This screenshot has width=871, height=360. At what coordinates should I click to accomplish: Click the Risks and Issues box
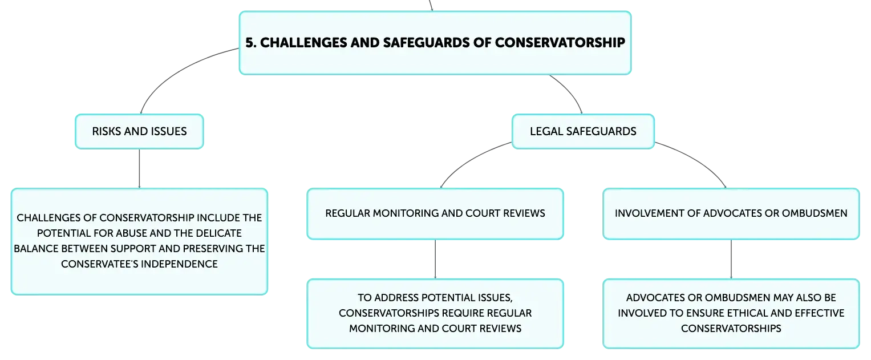[139, 132]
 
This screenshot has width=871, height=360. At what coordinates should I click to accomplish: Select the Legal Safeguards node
[583, 132]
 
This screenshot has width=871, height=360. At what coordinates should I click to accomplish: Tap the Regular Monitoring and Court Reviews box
[435, 213]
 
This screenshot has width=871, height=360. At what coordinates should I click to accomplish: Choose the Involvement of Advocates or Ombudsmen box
[731, 213]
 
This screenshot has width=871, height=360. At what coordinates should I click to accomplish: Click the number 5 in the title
[249, 43]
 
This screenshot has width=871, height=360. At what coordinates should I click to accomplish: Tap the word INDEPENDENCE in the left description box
[180, 264]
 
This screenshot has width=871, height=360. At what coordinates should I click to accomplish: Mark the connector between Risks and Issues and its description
[139, 169]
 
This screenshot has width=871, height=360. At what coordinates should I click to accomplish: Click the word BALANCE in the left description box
[35, 249]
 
